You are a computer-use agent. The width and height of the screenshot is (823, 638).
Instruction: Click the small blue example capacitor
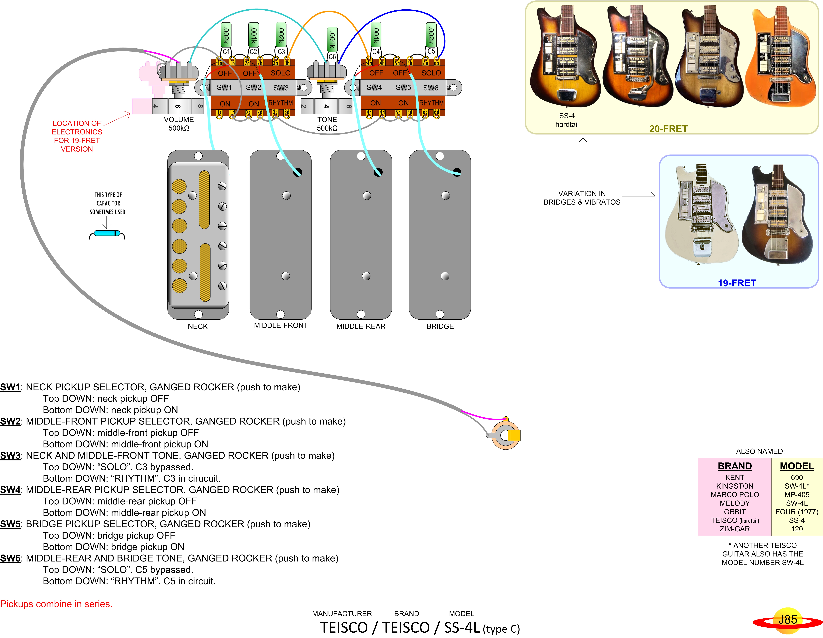107,234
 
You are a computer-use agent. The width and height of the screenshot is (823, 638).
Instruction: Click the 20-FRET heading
668,129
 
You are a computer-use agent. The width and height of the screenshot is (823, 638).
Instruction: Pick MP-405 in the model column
797,495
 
